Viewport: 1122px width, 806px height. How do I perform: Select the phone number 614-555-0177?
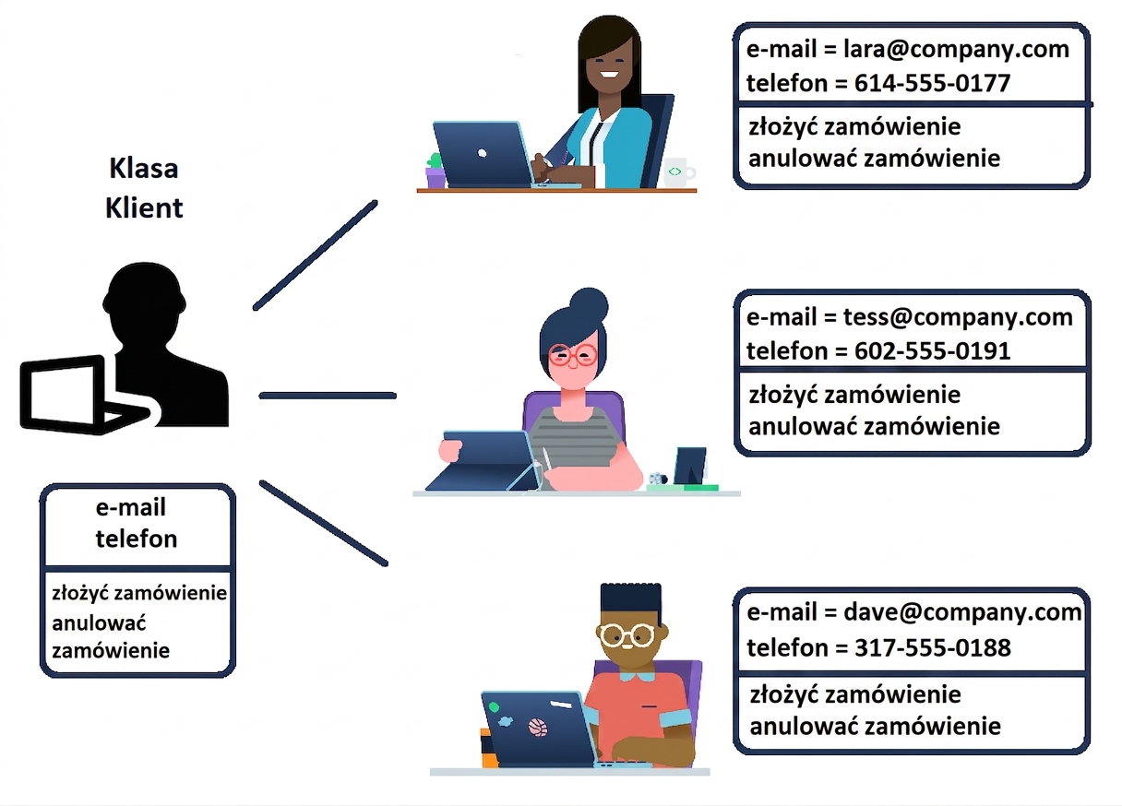[x=932, y=83]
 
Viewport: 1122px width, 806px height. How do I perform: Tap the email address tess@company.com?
[x=958, y=318]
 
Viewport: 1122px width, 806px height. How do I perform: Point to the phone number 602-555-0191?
[x=932, y=351]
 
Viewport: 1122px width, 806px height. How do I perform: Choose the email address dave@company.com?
[x=962, y=612]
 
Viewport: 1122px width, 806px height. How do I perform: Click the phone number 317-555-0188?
[x=933, y=647]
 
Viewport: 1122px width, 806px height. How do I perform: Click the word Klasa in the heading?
[x=144, y=168]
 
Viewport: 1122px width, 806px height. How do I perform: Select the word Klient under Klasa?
[x=144, y=207]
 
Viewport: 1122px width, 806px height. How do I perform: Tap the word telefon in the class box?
[x=137, y=539]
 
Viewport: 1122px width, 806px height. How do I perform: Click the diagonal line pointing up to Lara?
[x=316, y=255]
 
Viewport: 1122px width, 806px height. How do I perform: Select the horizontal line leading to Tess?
[x=328, y=396]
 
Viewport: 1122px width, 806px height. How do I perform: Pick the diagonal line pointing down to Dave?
[x=324, y=523]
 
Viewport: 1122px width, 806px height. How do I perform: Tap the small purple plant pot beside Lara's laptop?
[x=436, y=177]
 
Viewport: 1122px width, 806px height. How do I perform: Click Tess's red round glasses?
[x=572, y=356]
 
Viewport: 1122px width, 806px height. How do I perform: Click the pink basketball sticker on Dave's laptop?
[x=539, y=728]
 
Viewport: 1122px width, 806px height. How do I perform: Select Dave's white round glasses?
[x=627, y=635]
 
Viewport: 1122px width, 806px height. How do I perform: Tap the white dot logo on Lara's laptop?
[x=482, y=153]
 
